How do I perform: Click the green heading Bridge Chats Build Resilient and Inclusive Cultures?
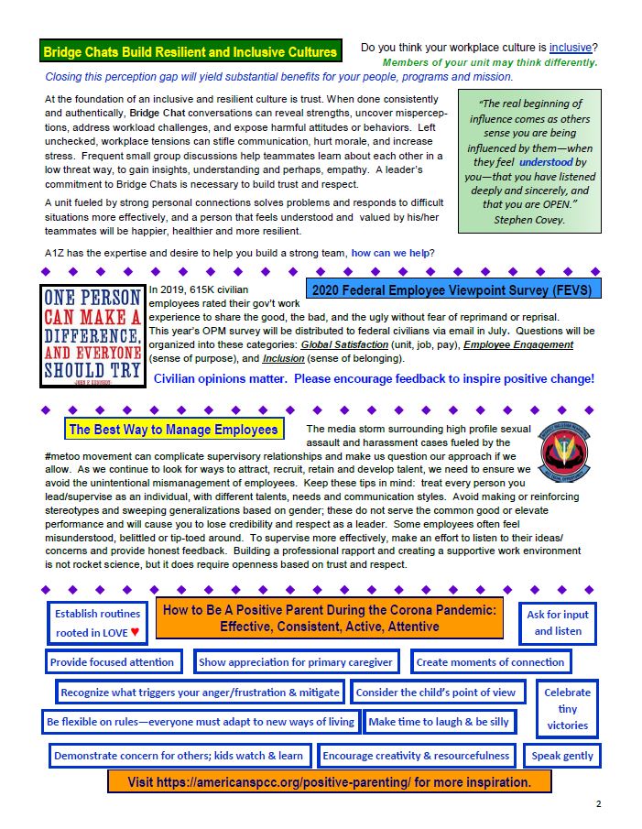pyautogui.click(x=190, y=51)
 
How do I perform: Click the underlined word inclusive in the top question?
pyautogui.click(x=570, y=47)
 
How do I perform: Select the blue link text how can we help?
pyautogui.click(x=393, y=253)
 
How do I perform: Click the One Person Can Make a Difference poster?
pyautogui.click(x=92, y=335)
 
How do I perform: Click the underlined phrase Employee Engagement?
pyautogui.click(x=518, y=344)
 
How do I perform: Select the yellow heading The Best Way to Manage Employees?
pyautogui.click(x=173, y=429)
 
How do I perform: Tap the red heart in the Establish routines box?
pyautogui.click(x=135, y=632)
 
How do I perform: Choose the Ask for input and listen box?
pyautogui.click(x=558, y=622)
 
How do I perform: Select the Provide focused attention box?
pyautogui.click(x=112, y=661)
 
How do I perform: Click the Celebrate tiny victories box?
pyautogui.click(x=567, y=708)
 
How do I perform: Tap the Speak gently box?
pyautogui.click(x=562, y=756)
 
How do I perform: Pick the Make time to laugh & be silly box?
pyautogui.click(x=439, y=722)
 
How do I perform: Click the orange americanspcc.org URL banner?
pyautogui.click(x=330, y=782)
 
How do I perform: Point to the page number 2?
pyautogui.click(x=598, y=804)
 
